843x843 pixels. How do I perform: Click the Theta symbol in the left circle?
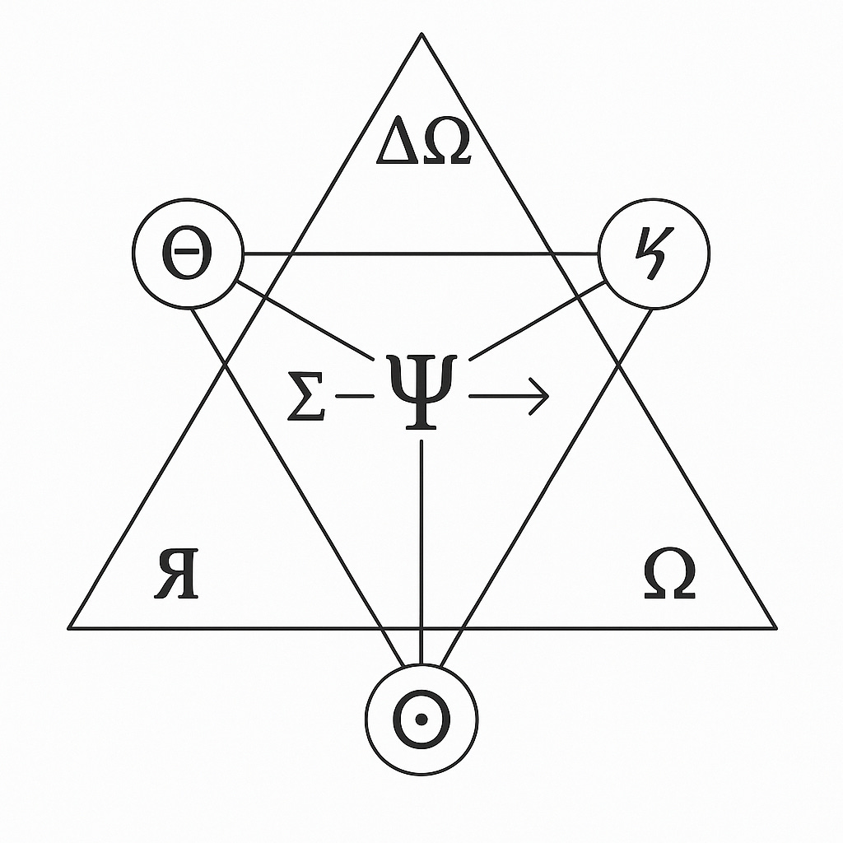(187, 254)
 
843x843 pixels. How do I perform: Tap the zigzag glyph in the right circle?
(654, 252)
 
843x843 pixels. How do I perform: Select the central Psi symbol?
(421, 387)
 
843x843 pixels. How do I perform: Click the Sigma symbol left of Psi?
(305, 396)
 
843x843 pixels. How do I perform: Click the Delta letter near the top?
(399, 146)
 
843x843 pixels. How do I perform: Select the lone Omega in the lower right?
(668, 575)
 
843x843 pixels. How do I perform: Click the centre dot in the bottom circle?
(421, 720)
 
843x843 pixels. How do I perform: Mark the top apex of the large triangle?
(421, 35)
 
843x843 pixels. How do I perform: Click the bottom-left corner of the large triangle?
(70, 627)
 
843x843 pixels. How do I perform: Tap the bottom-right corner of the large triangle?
(773, 627)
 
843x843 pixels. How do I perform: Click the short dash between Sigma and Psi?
(354, 397)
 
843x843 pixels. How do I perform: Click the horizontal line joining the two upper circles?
(420, 255)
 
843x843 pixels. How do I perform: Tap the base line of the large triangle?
(247, 627)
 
